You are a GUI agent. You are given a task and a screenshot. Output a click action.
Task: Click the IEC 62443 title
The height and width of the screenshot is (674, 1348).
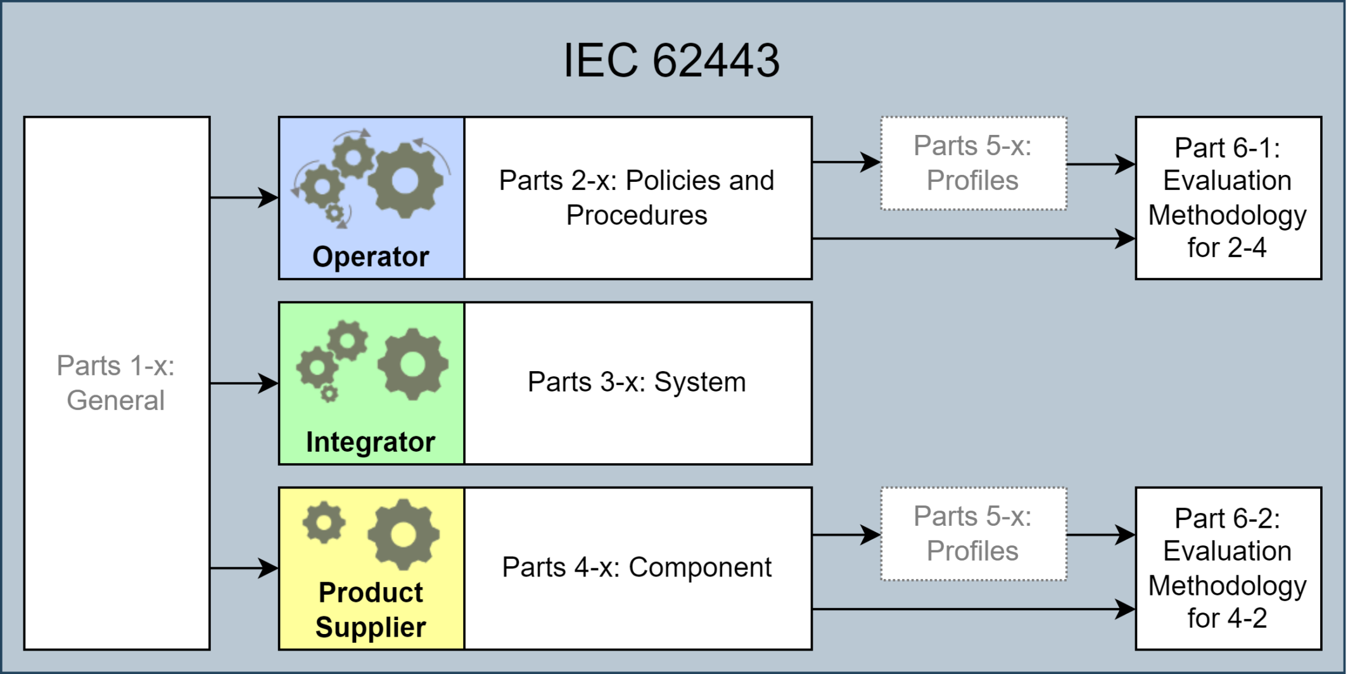coord(671,61)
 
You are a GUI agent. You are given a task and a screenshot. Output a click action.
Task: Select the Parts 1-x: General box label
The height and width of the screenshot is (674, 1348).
coord(116,383)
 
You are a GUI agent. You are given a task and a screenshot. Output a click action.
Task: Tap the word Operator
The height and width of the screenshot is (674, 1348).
coord(371,257)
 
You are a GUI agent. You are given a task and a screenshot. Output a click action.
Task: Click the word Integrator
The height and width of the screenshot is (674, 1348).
coord(371,442)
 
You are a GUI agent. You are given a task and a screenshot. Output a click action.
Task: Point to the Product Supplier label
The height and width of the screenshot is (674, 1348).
coord(371,609)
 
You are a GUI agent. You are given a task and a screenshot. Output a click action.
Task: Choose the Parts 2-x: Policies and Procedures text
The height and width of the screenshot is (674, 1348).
coord(637,198)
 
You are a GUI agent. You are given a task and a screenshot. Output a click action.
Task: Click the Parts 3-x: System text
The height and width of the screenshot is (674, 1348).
coord(637,382)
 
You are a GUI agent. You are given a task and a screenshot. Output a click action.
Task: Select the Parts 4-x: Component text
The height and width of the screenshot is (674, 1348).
coord(637,568)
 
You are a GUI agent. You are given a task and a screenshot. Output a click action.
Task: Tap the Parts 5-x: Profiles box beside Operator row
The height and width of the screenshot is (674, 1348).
coord(973,163)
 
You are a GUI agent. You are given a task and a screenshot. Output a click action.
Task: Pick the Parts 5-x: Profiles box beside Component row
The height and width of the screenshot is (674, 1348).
coord(973,533)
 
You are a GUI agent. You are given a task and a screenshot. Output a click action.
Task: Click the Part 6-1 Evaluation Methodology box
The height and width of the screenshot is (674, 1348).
coord(1228,198)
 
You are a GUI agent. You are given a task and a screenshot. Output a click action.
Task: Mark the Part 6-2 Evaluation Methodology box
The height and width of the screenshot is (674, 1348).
coord(1228,568)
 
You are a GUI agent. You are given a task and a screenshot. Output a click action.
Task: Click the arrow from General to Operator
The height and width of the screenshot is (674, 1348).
coord(244,198)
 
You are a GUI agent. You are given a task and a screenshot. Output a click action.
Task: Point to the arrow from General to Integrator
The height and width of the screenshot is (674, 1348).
coord(244,383)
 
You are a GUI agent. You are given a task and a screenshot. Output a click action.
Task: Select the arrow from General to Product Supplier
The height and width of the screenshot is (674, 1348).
coord(244,568)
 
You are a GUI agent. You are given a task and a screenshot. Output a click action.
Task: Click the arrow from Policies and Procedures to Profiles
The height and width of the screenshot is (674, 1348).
coord(846,162)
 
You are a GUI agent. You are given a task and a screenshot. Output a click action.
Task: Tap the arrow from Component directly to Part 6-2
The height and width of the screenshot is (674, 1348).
coord(973,609)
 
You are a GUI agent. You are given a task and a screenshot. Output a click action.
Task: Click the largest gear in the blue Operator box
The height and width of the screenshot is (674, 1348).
coord(405,181)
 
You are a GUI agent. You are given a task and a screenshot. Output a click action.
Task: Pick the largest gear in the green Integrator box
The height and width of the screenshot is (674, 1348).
coord(412,364)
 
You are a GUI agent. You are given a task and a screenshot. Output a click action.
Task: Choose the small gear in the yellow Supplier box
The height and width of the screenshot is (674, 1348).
coord(324,523)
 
